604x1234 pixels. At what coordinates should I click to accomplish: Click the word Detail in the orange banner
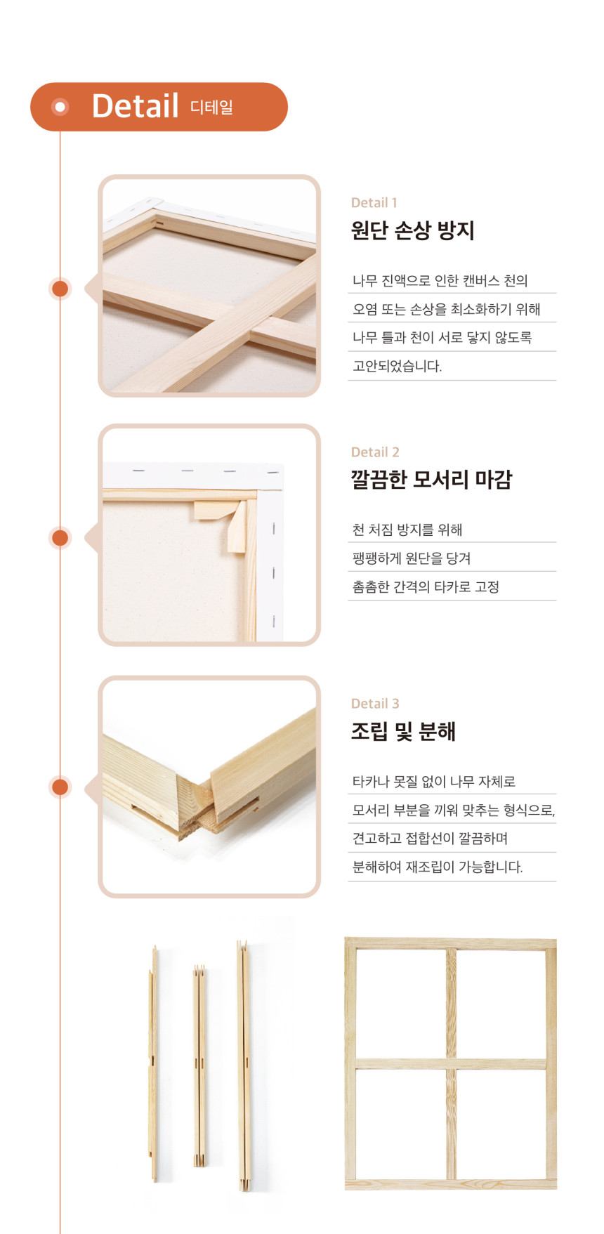(x=135, y=106)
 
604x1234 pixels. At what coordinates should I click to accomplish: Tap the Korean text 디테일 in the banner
(x=211, y=107)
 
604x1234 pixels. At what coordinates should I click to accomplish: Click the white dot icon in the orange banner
(x=60, y=107)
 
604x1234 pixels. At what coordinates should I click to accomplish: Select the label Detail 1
(x=374, y=203)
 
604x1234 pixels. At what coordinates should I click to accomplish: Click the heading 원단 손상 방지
(x=413, y=230)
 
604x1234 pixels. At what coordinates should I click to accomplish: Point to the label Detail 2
(x=375, y=452)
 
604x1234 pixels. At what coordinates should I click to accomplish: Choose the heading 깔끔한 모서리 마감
(x=431, y=480)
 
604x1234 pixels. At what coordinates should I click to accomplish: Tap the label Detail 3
(x=375, y=704)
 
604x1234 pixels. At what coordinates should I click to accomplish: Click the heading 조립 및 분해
(x=403, y=731)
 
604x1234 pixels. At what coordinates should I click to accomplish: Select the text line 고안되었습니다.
(x=397, y=366)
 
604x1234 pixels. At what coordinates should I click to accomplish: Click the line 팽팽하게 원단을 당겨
(x=412, y=558)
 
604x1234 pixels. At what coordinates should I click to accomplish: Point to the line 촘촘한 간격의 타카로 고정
(x=426, y=586)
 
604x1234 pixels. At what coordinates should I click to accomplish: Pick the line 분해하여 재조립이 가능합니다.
(x=438, y=867)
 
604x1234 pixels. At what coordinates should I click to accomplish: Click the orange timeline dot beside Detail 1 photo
(x=60, y=289)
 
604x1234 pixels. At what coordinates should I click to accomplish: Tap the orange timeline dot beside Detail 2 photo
(x=60, y=538)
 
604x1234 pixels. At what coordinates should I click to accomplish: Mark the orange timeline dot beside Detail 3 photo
(x=60, y=787)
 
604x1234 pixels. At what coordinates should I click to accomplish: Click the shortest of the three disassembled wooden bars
(x=199, y=1068)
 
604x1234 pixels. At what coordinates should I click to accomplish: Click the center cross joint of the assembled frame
(x=451, y=1064)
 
